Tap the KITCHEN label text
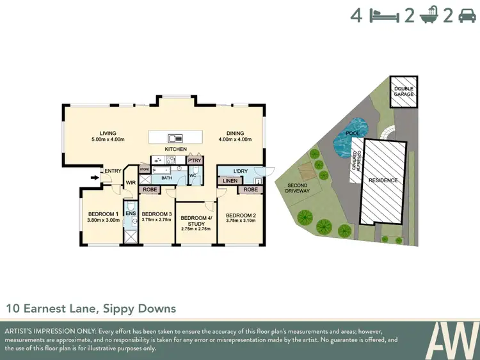[175, 149]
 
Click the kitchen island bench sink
[175, 137]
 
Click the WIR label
[131, 183]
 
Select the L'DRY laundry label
[241, 171]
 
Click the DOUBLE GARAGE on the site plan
[404, 91]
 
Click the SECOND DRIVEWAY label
[297, 187]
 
